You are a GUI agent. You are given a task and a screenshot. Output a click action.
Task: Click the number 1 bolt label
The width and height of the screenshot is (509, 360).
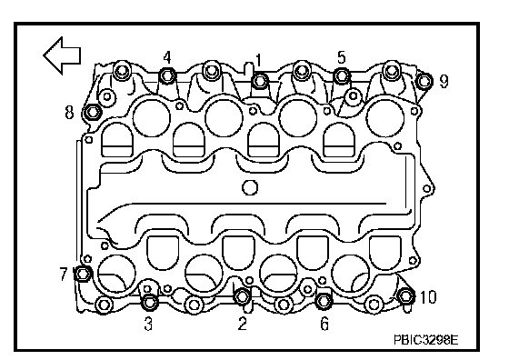point(258,60)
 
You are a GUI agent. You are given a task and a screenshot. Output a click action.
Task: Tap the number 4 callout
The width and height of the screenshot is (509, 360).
point(167,57)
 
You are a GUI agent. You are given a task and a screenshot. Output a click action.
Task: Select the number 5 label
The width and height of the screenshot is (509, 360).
point(341,57)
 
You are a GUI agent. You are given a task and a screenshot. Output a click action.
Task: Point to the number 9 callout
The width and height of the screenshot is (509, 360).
point(444,81)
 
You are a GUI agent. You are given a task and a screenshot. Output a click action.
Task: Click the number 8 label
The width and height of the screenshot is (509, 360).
point(69,113)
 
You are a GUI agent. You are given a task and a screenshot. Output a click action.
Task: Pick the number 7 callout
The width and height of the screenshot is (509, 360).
point(64,274)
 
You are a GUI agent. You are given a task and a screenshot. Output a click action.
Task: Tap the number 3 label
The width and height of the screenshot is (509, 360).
point(148,324)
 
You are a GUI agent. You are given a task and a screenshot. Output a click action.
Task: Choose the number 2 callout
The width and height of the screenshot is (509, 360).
point(242,324)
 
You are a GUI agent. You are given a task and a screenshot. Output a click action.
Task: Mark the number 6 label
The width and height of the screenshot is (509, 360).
point(324,324)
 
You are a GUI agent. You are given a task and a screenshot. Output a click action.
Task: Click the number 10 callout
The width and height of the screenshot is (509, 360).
point(428,297)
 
